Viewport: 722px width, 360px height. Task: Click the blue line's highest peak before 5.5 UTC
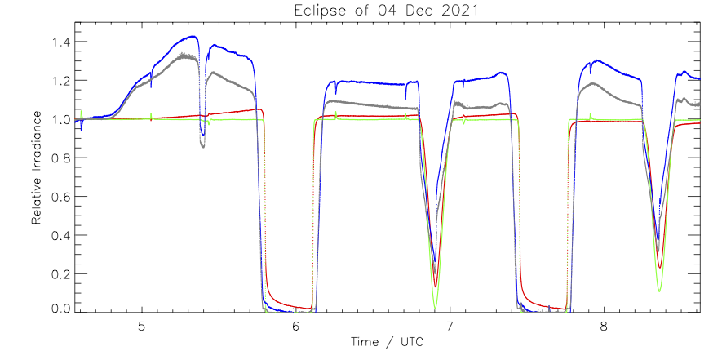click(193, 36)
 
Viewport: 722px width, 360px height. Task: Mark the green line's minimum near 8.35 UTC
click(659, 290)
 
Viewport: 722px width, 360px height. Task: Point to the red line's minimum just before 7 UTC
click(436, 287)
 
